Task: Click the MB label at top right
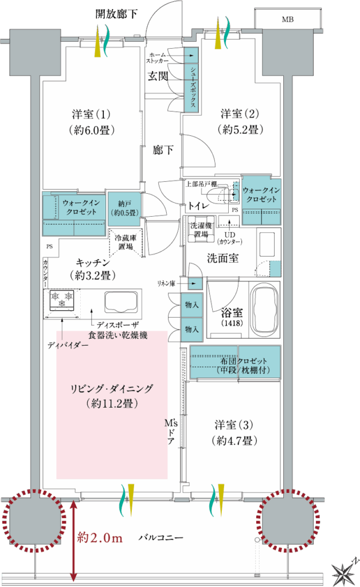(287, 19)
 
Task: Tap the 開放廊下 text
(116, 14)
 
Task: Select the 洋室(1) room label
(91, 114)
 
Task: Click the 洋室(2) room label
(240, 114)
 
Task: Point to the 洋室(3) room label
(234, 425)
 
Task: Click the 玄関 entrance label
(158, 76)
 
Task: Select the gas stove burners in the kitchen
(62, 300)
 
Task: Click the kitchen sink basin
(120, 302)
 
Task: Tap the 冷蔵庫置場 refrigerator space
(126, 242)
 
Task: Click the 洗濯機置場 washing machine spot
(201, 229)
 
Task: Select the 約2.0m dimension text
(100, 538)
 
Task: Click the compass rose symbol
(344, 572)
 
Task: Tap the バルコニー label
(161, 538)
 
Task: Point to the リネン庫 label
(166, 283)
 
